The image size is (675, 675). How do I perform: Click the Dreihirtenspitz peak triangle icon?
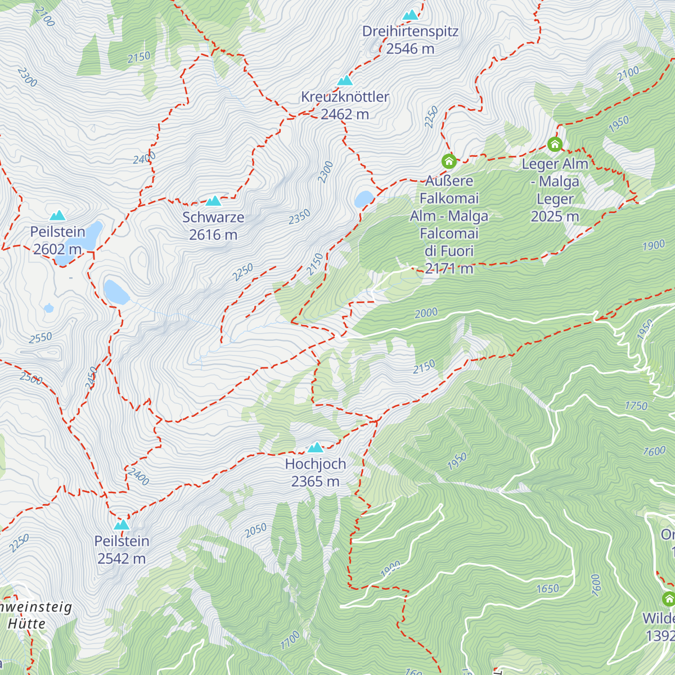coord(411,15)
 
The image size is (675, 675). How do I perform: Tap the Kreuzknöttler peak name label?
coord(345,97)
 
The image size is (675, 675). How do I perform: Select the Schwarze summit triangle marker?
coord(213,201)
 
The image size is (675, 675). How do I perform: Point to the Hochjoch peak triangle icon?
coord(316,448)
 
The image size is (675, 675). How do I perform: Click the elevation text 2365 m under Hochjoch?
coord(315,481)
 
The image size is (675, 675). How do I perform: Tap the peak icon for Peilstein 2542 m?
coord(121,525)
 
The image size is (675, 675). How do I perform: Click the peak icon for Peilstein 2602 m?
coord(57,215)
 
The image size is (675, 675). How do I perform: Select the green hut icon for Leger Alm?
coord(555,145)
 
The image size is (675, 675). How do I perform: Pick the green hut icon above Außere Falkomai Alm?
coord(448,161)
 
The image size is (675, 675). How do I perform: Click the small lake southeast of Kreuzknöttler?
coord(363,199)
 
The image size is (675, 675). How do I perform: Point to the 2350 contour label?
coord(299,217)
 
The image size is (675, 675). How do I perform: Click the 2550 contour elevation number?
coord(40,338)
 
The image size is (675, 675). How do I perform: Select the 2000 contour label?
coord(426,313)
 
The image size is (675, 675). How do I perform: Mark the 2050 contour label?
coord(255,530)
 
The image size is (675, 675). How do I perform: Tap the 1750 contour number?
coord(636,406)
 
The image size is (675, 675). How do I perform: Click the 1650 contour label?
coord(547,589)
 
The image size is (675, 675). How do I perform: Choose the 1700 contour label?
coord(290,640)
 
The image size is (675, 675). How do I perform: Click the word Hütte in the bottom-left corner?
coord(26,624)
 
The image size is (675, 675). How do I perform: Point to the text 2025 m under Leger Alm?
coord(555,217)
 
